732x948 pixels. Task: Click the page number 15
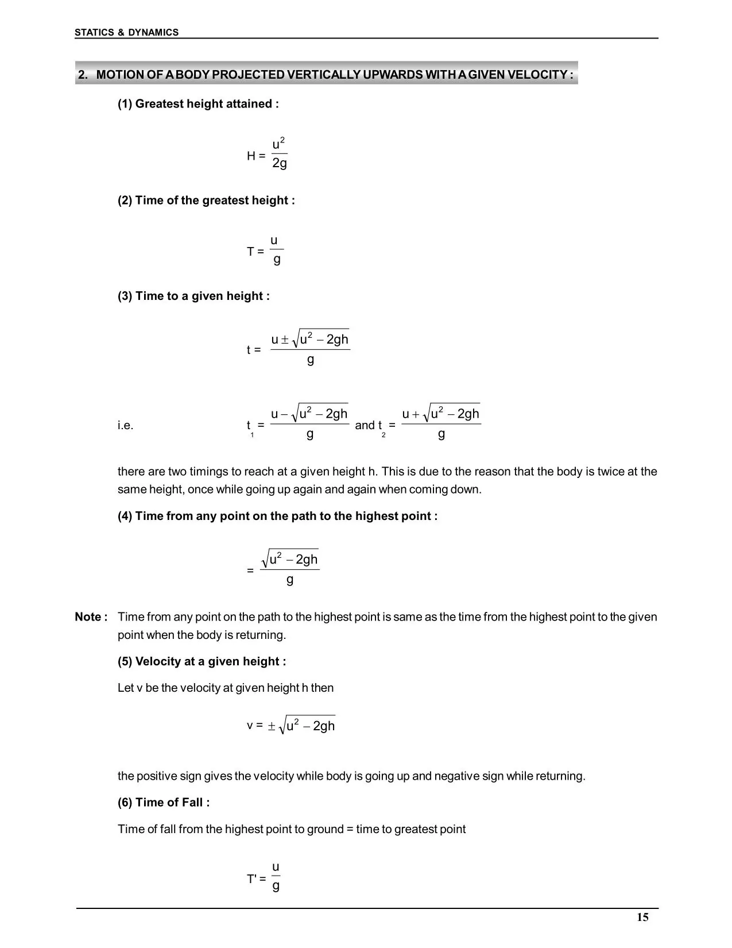coord(642,918)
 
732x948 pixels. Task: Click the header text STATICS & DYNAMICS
coord(126,33)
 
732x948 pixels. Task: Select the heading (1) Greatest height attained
coord(198,104)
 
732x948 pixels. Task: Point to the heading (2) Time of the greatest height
coord(206,201)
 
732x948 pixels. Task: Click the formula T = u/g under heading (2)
coord(266,251)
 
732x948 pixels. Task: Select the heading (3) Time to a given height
coord(193,296)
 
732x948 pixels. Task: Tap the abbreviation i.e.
coord(125,426)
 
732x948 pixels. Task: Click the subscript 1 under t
coord(252,435)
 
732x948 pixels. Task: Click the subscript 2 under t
coord(384,435)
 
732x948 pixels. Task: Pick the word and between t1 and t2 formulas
coord(364,425)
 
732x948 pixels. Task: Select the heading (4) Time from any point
coord(277,516)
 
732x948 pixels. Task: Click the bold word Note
coord(91,617)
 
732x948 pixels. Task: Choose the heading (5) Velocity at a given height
coord(202,661)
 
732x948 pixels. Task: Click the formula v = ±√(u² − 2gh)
coord(291,726)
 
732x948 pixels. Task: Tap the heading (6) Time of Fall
coord(164,803)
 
